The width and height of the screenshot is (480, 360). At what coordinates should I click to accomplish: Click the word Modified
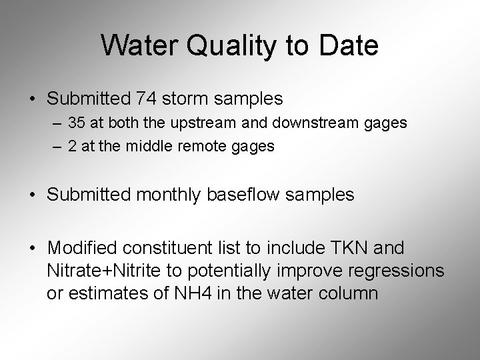point(80,249)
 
